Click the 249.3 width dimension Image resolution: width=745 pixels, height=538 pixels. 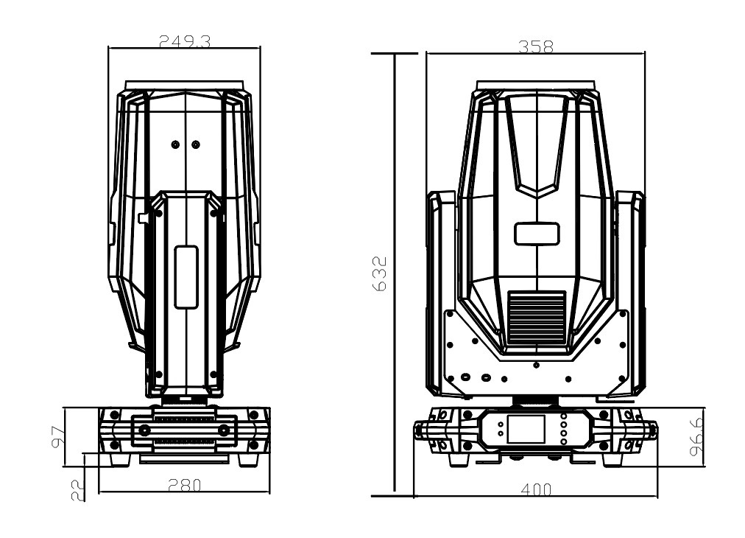coord(184,41)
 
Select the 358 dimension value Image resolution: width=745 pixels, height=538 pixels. coord(536,46)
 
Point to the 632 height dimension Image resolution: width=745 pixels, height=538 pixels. coord(380,273)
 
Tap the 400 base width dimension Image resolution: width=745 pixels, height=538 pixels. coord(536,489)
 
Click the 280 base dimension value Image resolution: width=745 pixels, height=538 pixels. coord(184,485)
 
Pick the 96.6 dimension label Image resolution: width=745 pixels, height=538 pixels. coord(697,438)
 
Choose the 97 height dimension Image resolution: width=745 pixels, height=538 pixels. coord(57,437)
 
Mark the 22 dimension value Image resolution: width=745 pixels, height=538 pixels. coord(77,490)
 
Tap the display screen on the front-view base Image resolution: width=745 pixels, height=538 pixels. coord(526,429)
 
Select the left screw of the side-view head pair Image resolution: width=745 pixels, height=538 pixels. coord(175,144)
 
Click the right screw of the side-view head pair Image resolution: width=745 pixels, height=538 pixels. coord(195,144)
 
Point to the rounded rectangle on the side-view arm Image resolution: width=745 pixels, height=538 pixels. coord(186,277)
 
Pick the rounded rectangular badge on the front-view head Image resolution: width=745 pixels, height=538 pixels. coord(537,234)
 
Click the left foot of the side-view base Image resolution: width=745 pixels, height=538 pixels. coord(119,459)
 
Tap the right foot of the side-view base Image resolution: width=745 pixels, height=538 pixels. coord(250,459)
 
